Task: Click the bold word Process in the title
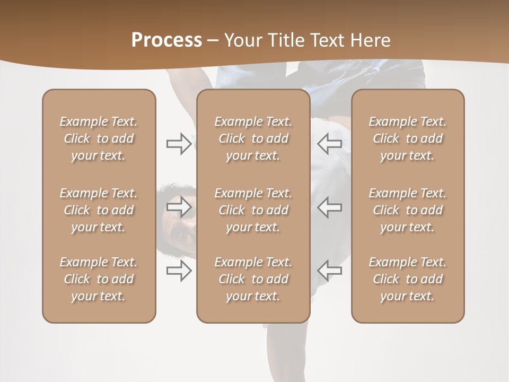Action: click(x=166, y=40)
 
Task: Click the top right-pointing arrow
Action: click(x=179, y=144)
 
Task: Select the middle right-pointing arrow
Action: click(x=179, y=207)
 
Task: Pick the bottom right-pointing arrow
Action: click(x=179, y=271)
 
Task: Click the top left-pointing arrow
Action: click(x=329, y=144)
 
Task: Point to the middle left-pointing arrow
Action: click(x=329, y=207)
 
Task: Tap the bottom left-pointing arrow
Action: click(x=329, y=271)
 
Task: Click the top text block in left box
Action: click(x=99, y=138)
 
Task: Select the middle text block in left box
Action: click(x=99, y=210)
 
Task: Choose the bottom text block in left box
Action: click(x=99, y=279)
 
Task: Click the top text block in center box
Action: click(x=253, y=138)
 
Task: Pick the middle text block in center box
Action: click(x=253, y=210)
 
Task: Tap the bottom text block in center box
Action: click(x=253, y=279)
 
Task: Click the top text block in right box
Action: click(x=407, y=138)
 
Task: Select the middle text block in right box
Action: click(x=407, y=210)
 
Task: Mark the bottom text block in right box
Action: click(x=407, y=279)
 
